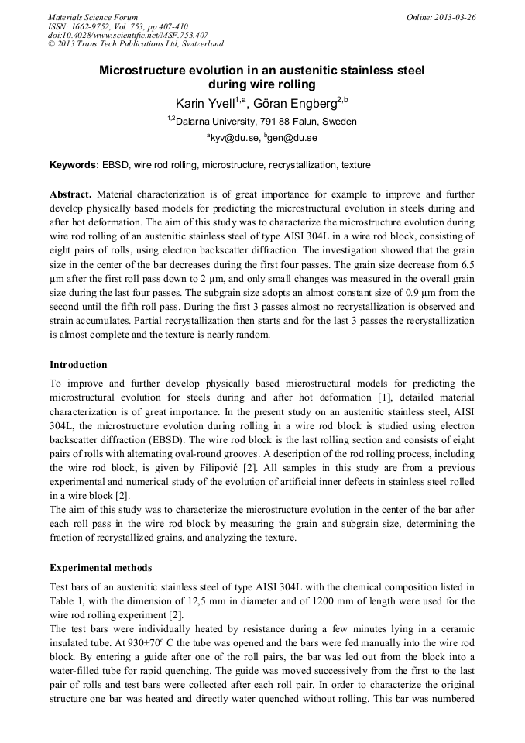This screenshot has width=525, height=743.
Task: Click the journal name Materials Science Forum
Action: pyautogui.click(x=93, y=17)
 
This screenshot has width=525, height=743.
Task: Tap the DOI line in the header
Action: pyautogui.click(x=128, y=36)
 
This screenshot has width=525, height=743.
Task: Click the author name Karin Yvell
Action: pyautogui.click(x=204, y=103)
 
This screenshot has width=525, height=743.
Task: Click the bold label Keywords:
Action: pyautogui.click(x=74, y=165)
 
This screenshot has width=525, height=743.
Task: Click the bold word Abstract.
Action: pyautogui.click(x=70, y=194)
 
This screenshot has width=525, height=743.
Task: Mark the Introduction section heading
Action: pyautogui.click(x=78, y=365)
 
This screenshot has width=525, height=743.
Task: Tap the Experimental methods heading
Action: pyautogui.click(x=100, y=568)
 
